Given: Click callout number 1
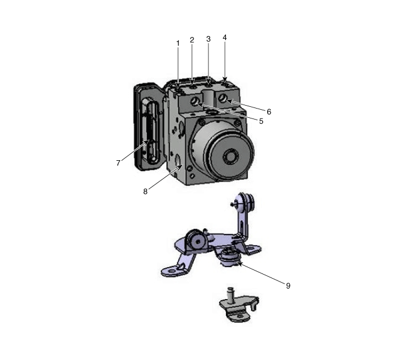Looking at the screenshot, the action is pyautogui.click(x=178, y=44).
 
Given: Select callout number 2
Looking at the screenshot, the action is pyautogui.click(x=192, y=40).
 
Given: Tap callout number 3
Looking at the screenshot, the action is pyautogui.click(x=209, y=39).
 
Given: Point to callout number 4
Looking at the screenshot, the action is pyautogui.click(x=225, y=38).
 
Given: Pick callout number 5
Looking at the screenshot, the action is pyautogui.click(x=261, y=121).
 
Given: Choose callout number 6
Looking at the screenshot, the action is pyautogui.click(x=269, y=112).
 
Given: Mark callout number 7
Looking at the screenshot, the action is pyautogui.click(x=118, y=163).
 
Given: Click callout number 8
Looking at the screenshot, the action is pyautogui.click(x=145, y=192).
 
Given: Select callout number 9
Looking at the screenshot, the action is pyautogui.click(x=288, y=286).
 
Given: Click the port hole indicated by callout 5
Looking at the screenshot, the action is pyautogui.click(x=195, y=101).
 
